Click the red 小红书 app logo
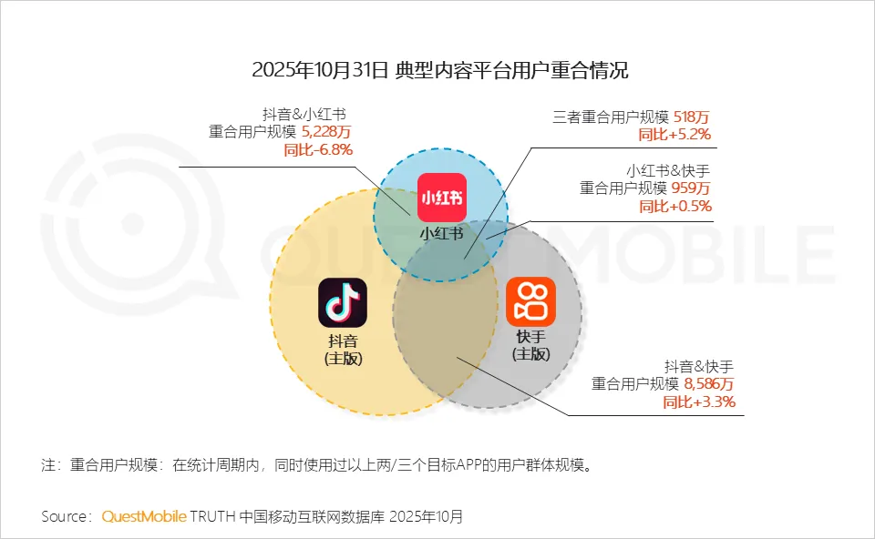(x=442, y=197)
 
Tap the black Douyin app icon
(x=342, y=302)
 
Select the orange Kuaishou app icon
(x=530, y=302)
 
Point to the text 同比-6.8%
(x=318, y=149)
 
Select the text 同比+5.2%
(x=675, y=135)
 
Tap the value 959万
(x=692, y=188)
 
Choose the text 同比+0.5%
(x=675, y=207)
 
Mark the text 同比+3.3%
(x=699, y=402)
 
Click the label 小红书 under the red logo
(x=441, y=233)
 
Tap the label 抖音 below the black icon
(x=343, y=341)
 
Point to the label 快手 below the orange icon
(x=530, y=337)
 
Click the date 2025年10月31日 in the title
(x=320, y=70)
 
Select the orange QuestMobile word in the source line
(x=144, y=516)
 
